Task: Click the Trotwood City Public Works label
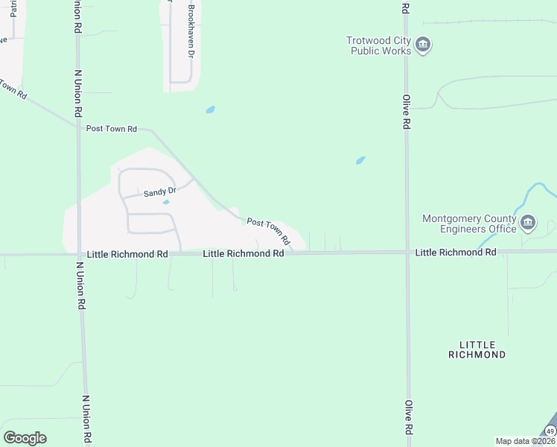(x=378, y=46)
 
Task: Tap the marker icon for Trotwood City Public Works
(x=423, y=45)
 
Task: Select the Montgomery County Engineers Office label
(x=469, y=223)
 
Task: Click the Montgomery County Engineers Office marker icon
(x=528, y=222)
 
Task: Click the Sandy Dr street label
(x=159, y=192)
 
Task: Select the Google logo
(x=25, y=438)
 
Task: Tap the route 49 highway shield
(x=550, y=431)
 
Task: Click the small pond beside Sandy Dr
(x=166, y=202)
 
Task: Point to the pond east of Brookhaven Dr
(x=211, y=110)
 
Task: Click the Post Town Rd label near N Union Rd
(x=112, y=129)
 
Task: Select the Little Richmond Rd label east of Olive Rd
(x=456, y=253)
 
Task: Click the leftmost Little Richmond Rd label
(x=127, y=254)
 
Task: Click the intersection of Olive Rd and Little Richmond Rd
(x=407, y=253)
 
